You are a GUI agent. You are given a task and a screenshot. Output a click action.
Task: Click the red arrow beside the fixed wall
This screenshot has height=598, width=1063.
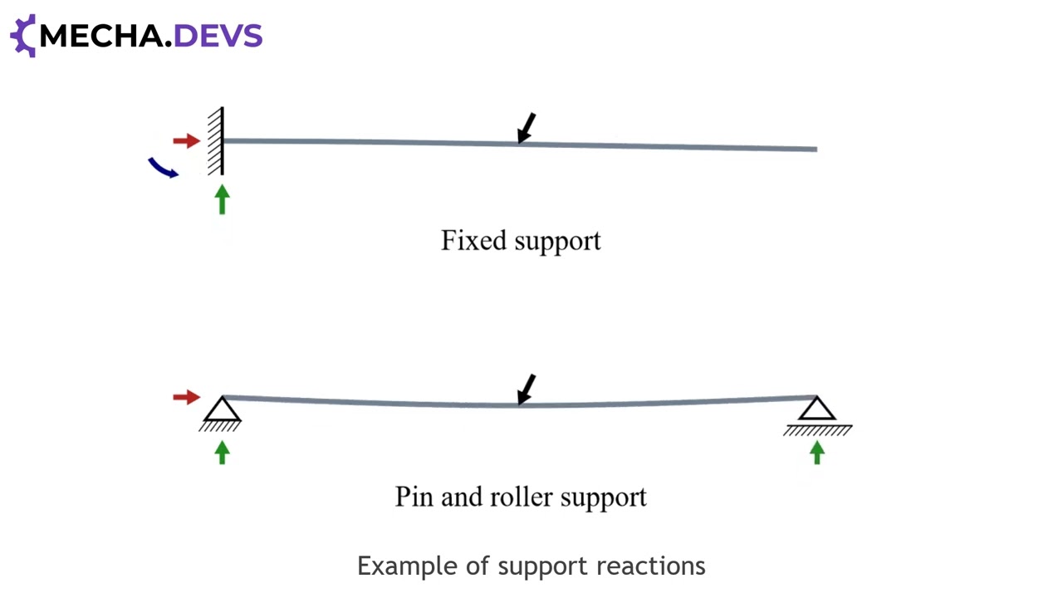click(187, 141)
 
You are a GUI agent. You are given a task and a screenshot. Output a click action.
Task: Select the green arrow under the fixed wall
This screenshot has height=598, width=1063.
click(222, 199)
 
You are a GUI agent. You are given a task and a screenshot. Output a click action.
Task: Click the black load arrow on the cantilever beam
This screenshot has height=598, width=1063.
click(526, 128)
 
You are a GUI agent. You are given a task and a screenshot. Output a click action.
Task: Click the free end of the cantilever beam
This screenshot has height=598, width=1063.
click(816, 149)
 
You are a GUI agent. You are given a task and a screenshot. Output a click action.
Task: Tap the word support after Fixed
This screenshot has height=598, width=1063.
click(557, 243)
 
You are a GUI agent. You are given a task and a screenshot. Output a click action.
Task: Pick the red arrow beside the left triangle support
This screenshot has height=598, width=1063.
click(187, 397)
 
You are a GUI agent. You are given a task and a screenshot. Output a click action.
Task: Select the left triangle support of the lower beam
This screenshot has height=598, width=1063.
click(222, 414)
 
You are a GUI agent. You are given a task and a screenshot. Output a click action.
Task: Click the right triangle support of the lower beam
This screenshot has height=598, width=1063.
click(817, 416)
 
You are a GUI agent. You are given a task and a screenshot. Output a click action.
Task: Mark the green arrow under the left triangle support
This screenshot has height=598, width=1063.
click(222, 453)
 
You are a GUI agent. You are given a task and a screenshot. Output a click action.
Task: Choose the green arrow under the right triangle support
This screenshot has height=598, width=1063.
click(816, 453)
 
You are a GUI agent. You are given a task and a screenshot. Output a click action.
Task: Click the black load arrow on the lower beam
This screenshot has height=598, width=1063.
click(526, 390)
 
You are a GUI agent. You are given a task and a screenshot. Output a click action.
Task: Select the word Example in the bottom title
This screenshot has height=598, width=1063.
click(408, 566)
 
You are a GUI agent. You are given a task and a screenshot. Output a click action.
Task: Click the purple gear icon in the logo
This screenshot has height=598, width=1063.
click(22, 36)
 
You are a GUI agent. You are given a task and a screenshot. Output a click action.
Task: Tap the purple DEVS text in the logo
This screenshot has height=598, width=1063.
click(218, 36)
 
